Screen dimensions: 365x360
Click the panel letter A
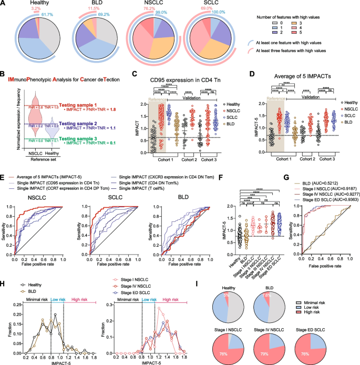(x=4, y=4)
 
